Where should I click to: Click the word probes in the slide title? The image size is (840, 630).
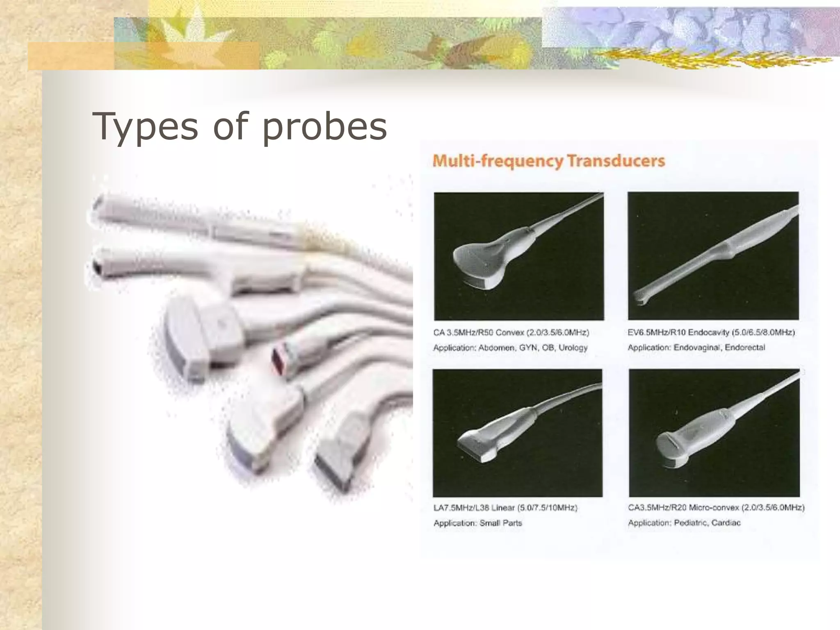[324, 127]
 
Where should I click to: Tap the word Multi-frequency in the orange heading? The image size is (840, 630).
[498, 161]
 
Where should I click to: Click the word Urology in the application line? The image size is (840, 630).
[573, 348]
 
